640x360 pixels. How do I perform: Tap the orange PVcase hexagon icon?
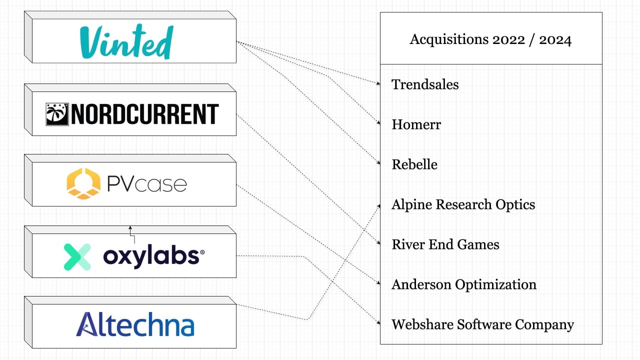pyautogui.click(x=83, y=183)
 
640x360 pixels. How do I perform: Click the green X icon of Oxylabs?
pyautogui.click(x=77, y=256)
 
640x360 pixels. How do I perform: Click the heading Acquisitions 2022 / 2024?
pyautogui.click(x=490, y=39)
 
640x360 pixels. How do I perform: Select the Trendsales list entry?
pyautogui.click(x=425, y=84)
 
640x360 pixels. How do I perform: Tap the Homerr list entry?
pyautogui.click(x=416, y=124)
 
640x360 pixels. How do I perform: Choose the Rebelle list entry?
pyautogui.click(x=414, y=164)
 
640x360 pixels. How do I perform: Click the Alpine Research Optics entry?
pyautogui.click(x=463, y=204)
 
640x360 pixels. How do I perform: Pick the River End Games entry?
pyautogui.click(x=445, y=244)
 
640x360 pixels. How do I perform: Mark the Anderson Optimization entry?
pyautogui.click(x=463, y=284)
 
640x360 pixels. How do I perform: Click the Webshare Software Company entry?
pyautogui.click(x=482, y=324)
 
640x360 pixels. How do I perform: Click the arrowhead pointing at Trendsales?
pyautogui.click(x=378, y=83)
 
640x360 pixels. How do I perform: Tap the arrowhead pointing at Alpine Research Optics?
pyautogui.click(x=378, y=204)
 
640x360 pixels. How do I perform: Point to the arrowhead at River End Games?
pyautogui.click(x=378, y=243)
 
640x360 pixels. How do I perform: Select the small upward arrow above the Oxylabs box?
pyautogui.click(x=130, y=227)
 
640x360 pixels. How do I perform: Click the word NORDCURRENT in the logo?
pyautogui.click(x=144, y=114)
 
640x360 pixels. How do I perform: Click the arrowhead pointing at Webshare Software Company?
pyautogui.click(x=378, y=323)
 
